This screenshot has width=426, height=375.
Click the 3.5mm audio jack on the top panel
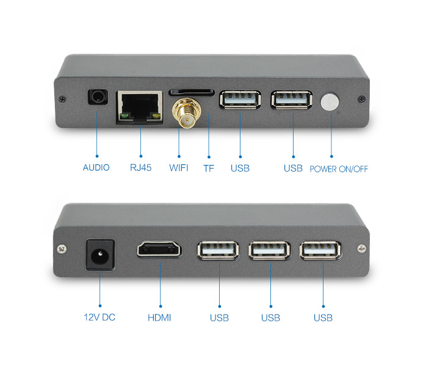(98, 97)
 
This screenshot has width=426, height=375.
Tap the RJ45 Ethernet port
(140, 107)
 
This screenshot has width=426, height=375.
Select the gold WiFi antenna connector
(187, 113)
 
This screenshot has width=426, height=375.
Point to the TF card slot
(192, 92)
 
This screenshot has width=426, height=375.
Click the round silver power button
(330, 102)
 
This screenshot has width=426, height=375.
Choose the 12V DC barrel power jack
(100, 255)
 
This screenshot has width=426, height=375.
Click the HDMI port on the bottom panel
(159, 249)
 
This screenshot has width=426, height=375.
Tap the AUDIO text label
(96, 167)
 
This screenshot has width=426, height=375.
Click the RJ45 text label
(141, 167)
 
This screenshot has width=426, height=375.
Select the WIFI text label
(179, 168)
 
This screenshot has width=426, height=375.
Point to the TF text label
(209, 169)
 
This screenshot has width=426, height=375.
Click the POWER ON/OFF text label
(339, 169)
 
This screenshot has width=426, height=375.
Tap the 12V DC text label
(99, 317)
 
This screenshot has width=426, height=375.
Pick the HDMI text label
(159, 318)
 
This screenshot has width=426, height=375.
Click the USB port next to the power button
(292, 100)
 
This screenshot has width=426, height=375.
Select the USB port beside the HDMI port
(218, 250)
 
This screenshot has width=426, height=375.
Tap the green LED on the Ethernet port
(124, 116)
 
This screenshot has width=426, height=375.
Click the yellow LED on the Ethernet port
(156, 116)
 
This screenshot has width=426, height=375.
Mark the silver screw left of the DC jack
(62, 249)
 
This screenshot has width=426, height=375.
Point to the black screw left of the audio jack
(63, 99)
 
